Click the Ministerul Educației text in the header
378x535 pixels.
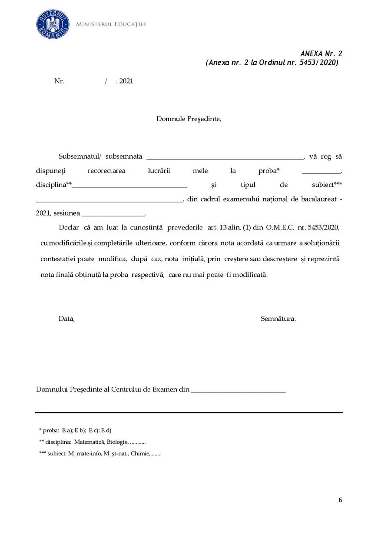pyautogui.click(x=111, y=24)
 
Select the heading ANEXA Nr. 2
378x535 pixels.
pyautogui.click(x=321, y=53)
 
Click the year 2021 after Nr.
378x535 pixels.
pyautogui.click(x=126, y=81)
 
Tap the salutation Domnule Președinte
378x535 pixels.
pyautogui.click(x=189, y=119)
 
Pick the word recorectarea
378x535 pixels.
pyautogui.click(x=106, y=171)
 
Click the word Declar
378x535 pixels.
pyautogui.click(x=68, y=227)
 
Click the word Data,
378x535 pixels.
pyautogui.click(x=66, y=319)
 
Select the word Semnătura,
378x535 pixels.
pyautogui.click(x=278, y=319)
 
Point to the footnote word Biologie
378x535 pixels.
pyautogui.click(x=117, y=442)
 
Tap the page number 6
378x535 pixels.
pyautogui.click(x=340, y=500)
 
